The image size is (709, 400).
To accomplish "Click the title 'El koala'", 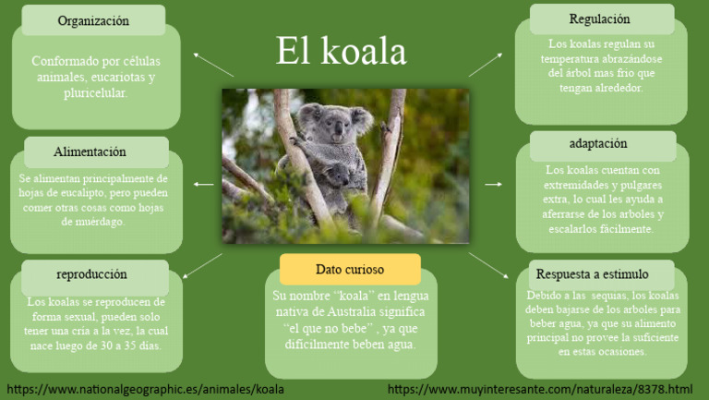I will click(341, 52).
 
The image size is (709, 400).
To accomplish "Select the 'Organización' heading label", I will click(93, 20).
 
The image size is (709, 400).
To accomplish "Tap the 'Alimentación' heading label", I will click(90, 152).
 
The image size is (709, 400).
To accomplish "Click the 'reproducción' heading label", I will click(91, 274).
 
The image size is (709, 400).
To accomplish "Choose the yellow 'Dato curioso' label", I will click(350, 270).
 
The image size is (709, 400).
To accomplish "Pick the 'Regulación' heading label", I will click(600, 18).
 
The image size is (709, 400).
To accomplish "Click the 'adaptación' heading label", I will click(598, 143).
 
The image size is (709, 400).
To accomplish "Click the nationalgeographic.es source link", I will click(145, 389).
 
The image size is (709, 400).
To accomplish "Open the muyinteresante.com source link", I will click(540, 389).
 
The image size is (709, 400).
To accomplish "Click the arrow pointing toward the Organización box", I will click(214, 64).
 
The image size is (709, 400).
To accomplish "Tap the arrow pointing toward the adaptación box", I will click(493, 185).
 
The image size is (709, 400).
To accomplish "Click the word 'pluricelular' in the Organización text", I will click(95, 94).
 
